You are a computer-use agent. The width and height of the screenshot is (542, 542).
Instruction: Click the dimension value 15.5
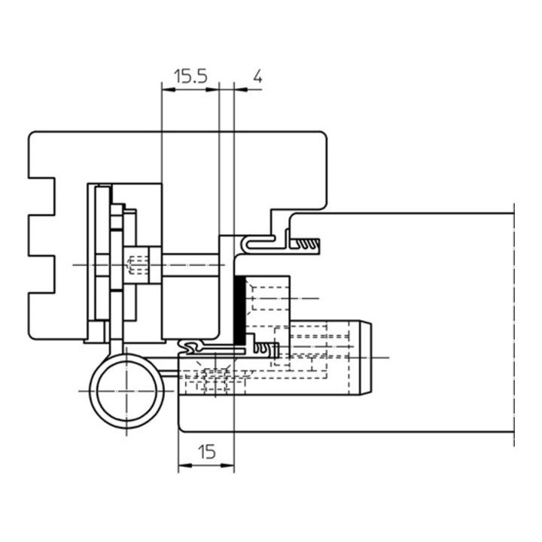click(x=190, y=76)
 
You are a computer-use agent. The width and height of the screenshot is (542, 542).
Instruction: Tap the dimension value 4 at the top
click(x=257, y=76)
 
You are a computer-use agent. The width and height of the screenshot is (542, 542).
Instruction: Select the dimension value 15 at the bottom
click(x=207, y=452)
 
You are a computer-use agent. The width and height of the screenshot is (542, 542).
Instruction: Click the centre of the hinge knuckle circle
click(x=126, y=391)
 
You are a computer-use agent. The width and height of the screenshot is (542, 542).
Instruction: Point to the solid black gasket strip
click(x=239, y=309)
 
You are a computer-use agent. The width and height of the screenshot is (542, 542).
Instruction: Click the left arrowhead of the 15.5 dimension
click(x=168, y=90)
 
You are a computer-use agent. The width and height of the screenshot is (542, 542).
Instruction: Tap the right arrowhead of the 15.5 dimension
click(x=212, y=90)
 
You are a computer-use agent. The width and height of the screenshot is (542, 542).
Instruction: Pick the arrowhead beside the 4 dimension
click(x=241, y=90)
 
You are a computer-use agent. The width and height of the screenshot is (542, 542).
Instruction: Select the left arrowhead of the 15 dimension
click(x=184, y=466)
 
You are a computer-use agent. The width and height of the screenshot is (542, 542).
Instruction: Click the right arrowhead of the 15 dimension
click(x=227, y=466)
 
